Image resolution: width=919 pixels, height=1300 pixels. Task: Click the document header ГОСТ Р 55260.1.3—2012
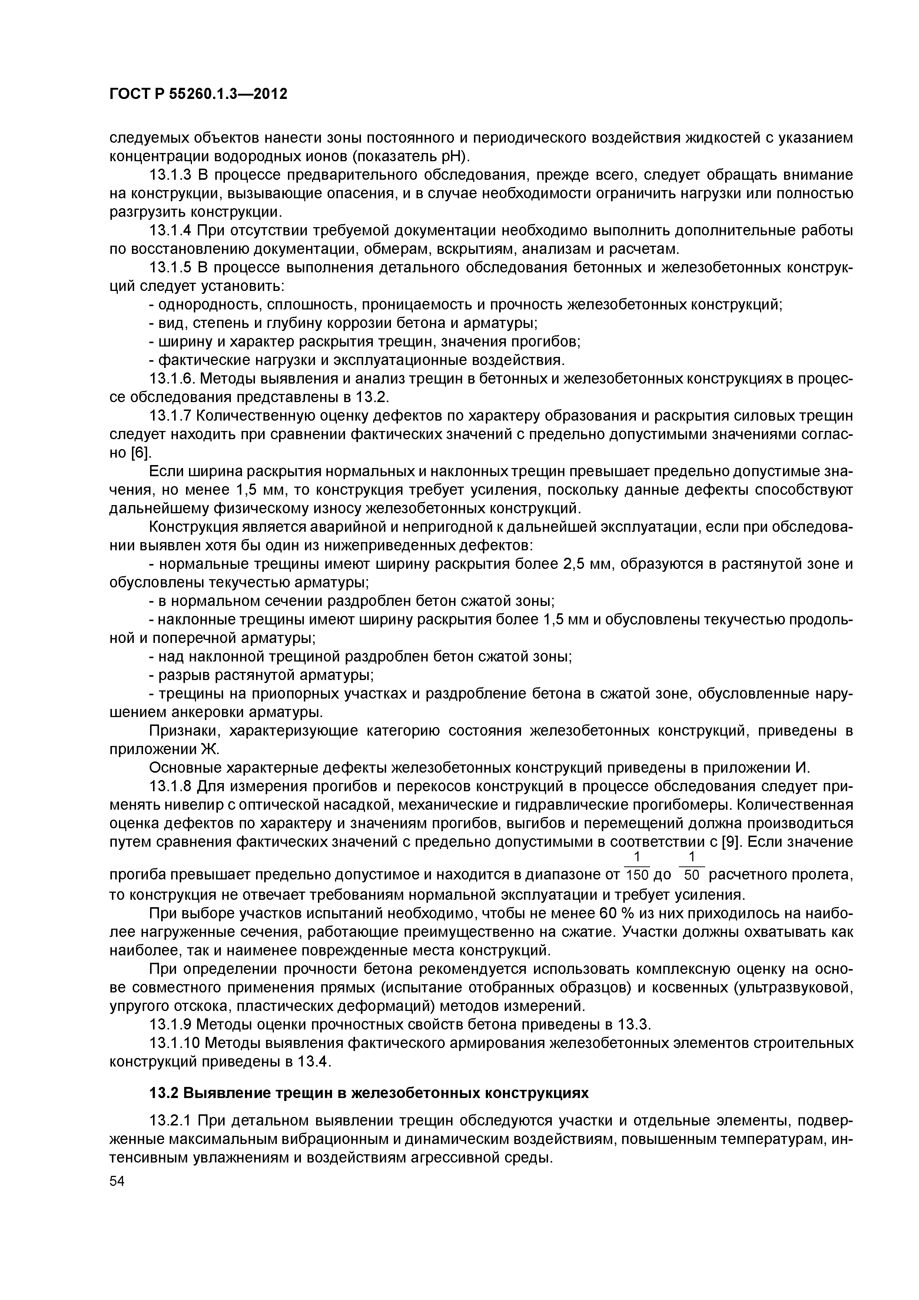(x=198, y=93)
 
